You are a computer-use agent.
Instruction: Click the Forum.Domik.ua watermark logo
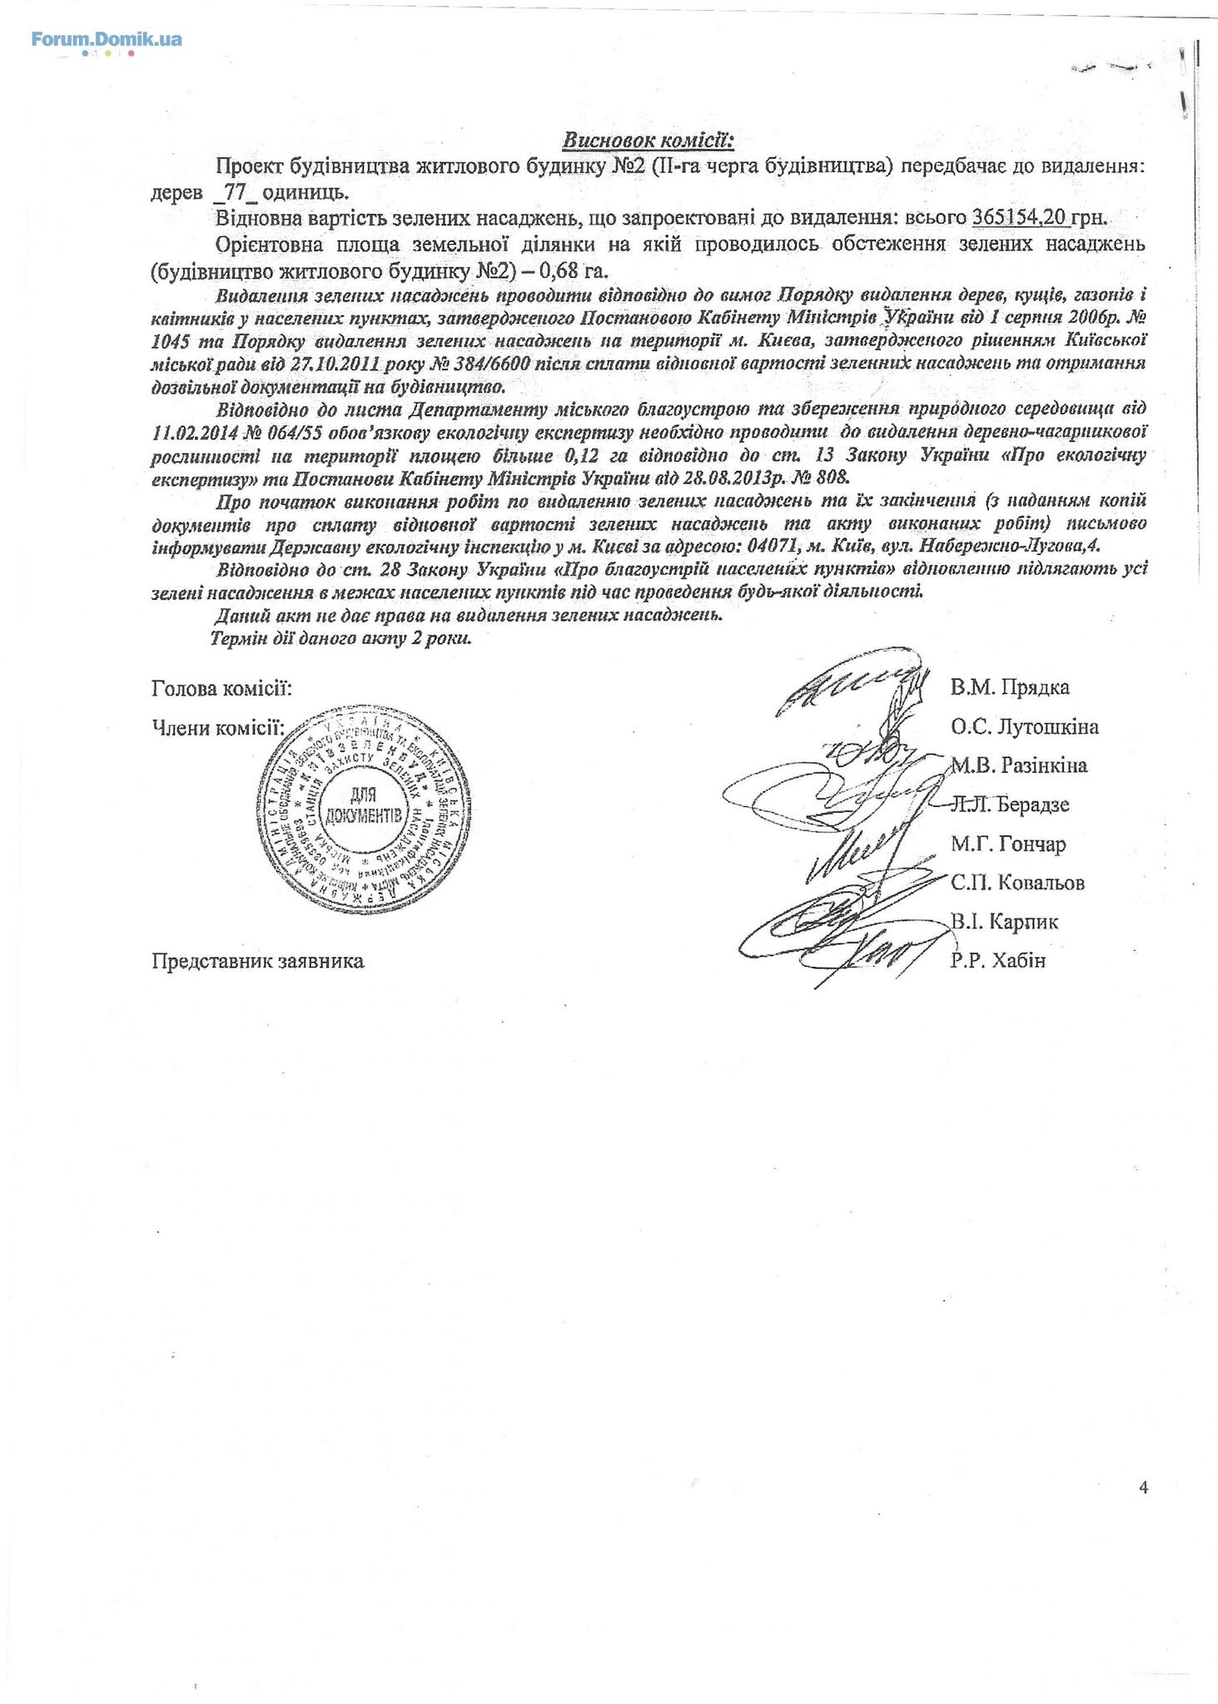(x=107, y=40)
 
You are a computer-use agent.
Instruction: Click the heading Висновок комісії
(x=647, y=140)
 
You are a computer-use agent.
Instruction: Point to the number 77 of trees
(x=236, y=191)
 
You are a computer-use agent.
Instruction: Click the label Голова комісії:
(x=221, y=689)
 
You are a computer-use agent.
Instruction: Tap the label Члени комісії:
(x=218, y=729)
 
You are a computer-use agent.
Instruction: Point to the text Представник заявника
(x=258, y=962)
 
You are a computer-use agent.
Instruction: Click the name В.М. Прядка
(x=1010, y=688)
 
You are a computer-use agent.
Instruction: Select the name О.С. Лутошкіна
(x=1024, y=727)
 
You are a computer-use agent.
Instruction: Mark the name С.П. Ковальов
(x=1017, y=883)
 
